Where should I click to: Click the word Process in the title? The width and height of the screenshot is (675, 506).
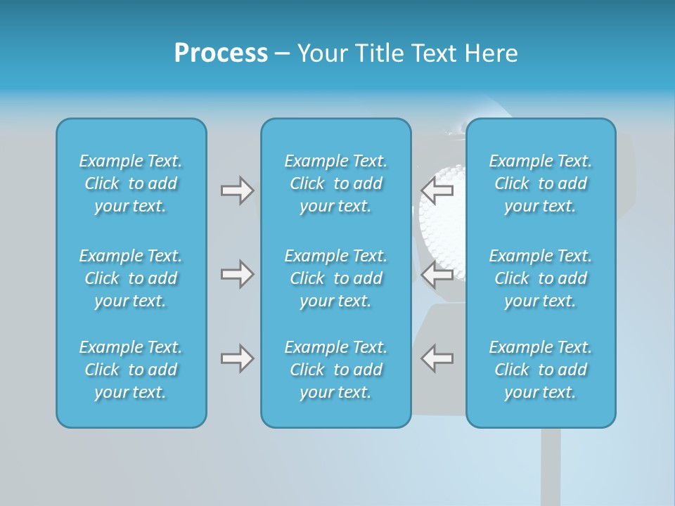(x=221, y=53)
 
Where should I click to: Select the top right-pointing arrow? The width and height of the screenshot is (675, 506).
(x=237, y=190)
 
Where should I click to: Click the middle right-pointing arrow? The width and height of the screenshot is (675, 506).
(x=237, y=274)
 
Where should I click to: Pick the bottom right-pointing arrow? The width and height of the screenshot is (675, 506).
(x=237, y=358)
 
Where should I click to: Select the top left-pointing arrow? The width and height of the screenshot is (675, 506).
(x=437, y=190)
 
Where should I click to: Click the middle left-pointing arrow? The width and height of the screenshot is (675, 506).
(x=437, y=274)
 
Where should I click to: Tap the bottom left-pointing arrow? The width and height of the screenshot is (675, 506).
(x=437, y=358)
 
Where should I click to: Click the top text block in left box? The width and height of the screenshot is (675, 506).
(x=131, y=183)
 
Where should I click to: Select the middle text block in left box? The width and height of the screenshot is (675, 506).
(x=131, y=278)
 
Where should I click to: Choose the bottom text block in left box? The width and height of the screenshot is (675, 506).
(x=131, y=370)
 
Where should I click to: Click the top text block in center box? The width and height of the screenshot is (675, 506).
(x=336, y=183)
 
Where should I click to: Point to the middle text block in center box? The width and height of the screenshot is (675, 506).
(x=336, y=278)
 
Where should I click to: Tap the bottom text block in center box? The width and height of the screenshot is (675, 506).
(x=336, y=370)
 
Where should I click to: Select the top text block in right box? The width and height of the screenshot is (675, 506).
(x=541, y=183)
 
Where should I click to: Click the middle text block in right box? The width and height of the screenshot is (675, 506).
(x=541, y=278)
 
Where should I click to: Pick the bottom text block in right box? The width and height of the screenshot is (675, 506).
(x=541, y=370)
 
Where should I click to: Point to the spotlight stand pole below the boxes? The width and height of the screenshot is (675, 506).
(x=551, y=467)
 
